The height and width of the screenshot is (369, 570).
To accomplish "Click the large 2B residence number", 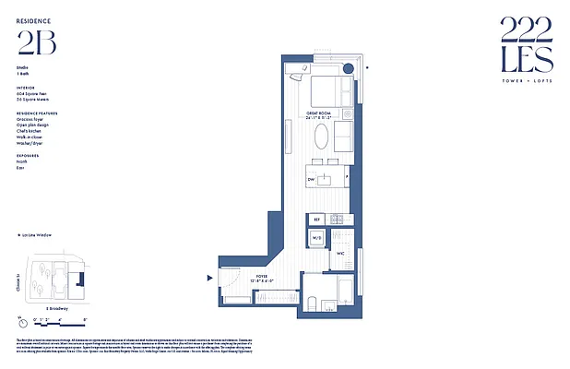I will (35, 42).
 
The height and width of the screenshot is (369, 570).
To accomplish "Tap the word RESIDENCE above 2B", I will (33, 19).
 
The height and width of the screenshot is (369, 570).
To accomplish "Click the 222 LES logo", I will (527, 46).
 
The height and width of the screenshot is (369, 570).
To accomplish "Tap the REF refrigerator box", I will (315, 220).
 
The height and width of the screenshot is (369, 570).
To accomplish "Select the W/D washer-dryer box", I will (315, 238).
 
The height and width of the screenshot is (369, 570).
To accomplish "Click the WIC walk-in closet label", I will (339, 252).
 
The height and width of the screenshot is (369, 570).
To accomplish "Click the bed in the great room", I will (327, 89).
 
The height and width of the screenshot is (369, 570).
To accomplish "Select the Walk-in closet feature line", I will (31, 137).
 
